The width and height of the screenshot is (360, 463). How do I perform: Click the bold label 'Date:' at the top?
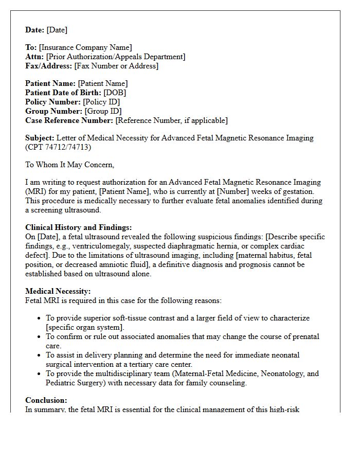pos(34,30)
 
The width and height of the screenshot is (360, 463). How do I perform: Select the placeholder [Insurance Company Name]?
pos(85,48)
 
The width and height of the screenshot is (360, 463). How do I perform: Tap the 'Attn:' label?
pos(34,57)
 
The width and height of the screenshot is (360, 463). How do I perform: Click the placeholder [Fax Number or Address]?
pos(116,66)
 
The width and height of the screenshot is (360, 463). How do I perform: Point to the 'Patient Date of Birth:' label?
pos(63,93)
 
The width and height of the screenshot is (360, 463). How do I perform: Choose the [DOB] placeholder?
pos(115,93)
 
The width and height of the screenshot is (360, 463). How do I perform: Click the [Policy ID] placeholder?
pos(102,102)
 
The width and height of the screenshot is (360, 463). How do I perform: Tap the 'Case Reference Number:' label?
pos(69,120)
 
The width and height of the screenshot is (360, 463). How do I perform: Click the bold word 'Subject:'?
pos(40,138)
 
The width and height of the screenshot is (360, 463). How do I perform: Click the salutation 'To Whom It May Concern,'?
pos(69,165)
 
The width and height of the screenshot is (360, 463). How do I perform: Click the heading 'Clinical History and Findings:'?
pos(79,227)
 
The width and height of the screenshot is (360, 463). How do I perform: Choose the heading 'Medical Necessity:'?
pos(58,291)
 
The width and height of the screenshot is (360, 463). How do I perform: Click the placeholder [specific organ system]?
pos(84,327)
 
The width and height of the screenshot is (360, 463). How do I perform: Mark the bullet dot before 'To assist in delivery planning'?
pos(39,355)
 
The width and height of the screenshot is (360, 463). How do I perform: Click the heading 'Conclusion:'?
pos(46,400)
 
